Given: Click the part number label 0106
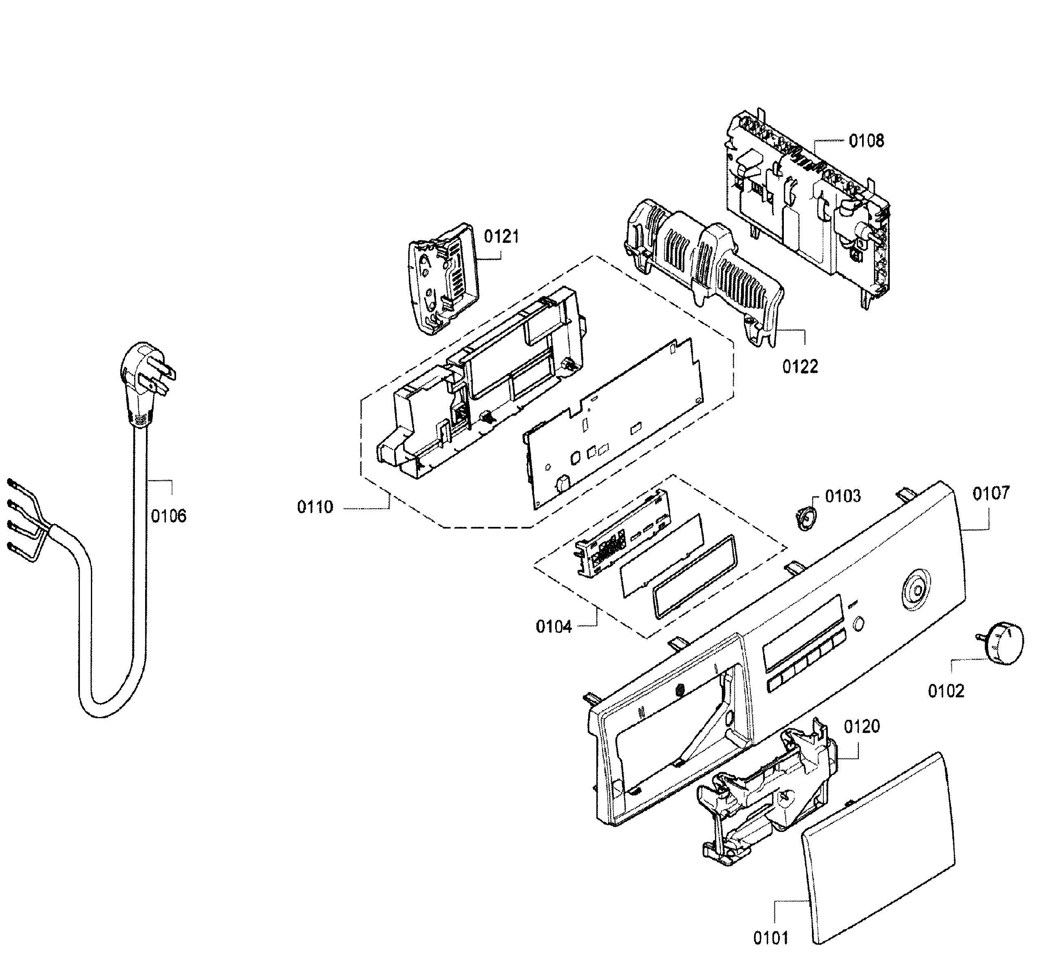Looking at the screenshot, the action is pyautogui.click(x=168, y=516).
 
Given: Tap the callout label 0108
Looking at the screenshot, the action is pyautogui.click(x=867, y=141).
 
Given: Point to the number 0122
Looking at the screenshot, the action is pyautogui.click(x=800, y=367).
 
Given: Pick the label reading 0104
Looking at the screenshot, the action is pyautogui.click(x=554, y=626).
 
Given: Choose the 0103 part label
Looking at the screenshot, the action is pyautogui.click(x=843, y=496).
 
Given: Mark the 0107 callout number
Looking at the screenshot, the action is pyautogui.click(x=991, y=493).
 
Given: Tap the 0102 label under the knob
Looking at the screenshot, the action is pyautogui.click(x=946, y=691).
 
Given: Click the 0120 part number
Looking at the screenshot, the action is pyautogui.click(x=862, y=726).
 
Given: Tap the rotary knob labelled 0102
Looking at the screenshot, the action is pyautogui.click(x=999, y=643).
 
